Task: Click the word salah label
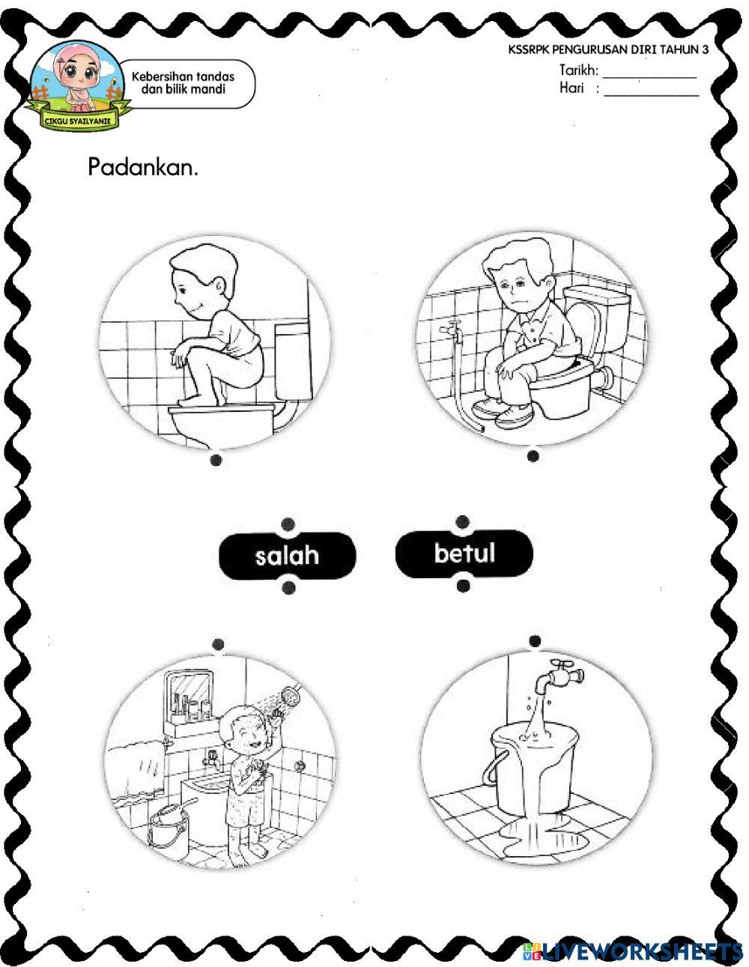point(287,556)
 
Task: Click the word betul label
point(464,554)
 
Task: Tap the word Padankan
point(143,166)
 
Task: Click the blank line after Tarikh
point(649,75)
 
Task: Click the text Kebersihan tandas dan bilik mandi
point(183,82)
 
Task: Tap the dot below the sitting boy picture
point(533,455)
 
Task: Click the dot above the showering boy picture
point(218,643)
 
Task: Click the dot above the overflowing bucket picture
point(534,640)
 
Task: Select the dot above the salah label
point(288,524)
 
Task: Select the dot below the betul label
point(463,585)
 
